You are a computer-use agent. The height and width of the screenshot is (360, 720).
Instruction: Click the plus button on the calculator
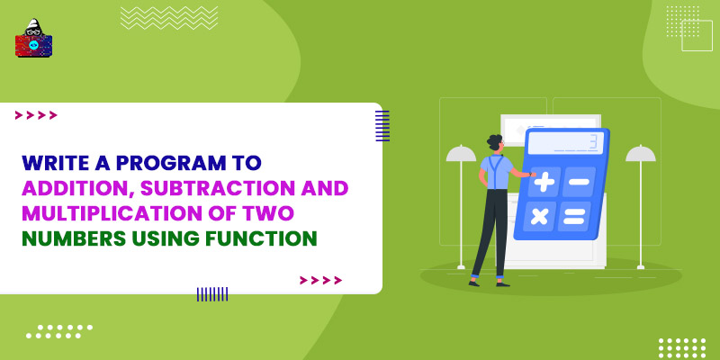click(544, 181)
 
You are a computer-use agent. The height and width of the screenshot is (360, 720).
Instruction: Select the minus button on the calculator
click(580, 181)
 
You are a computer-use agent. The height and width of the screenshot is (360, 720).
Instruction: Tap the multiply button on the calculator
click(539, 216)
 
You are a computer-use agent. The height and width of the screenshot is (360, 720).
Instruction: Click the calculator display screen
click(564, 142)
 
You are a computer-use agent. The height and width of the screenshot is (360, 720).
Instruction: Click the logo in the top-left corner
click(33, 39)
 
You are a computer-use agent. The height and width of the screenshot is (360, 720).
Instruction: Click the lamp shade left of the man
click(461, 154)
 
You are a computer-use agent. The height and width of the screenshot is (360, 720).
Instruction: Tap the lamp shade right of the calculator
click(641, 154)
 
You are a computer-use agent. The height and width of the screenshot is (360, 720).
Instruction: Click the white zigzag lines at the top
click(169, 17)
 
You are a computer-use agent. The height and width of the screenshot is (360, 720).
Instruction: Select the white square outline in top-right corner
click(697, 35)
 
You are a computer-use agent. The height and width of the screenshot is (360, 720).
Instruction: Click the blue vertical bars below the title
click(212, 293)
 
